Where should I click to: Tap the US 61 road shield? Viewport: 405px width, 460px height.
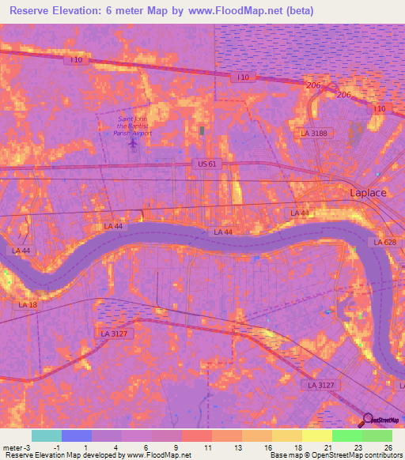click(203, 164)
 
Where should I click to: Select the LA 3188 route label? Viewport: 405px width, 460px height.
click(313, 134)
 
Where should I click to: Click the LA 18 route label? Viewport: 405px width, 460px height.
click(28, 304)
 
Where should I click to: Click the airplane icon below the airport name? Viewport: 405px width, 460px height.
click(132, 147)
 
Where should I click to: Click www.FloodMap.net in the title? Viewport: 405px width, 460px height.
click(244, 11)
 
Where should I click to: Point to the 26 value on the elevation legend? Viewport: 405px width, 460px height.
click(388, 447)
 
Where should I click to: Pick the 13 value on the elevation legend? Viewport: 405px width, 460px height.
click(237, 447)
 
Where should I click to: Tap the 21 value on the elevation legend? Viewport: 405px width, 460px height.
click(327, 447)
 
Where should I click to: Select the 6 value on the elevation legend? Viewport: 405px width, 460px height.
click(146, 447)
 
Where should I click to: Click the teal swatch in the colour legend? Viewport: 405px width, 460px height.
click(46, 435)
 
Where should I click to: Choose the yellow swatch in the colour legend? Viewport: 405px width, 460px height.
click(316, 435)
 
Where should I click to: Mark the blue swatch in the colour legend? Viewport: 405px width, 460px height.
click(76, 435)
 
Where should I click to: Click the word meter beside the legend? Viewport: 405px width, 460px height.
click(11, 447)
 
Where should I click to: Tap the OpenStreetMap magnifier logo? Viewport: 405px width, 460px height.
click(366, 421)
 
